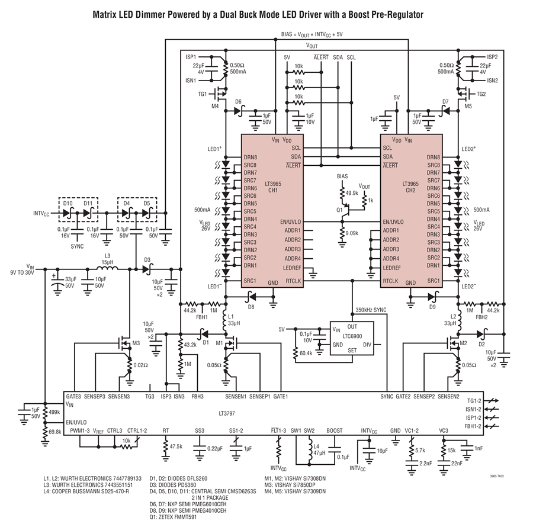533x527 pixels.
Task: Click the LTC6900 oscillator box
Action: [352, 338]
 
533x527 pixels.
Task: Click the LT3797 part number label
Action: [227, 413]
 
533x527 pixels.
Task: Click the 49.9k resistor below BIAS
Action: [342, 192]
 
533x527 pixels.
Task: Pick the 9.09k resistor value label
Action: [351, 233]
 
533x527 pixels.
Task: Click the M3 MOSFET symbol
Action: [124, 344]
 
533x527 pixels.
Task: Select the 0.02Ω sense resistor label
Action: [140, 365]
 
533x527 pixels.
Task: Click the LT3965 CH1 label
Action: [273, 187]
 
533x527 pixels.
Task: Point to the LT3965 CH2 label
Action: [410, 187]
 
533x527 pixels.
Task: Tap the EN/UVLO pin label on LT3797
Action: [76, 422]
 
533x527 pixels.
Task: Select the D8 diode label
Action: [251, 307]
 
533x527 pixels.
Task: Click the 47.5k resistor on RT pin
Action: [166, 446]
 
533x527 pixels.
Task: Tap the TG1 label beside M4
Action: [202, 94]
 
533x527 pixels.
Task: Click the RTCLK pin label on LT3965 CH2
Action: [391, 281]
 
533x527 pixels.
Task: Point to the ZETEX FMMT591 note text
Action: [176, 517]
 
